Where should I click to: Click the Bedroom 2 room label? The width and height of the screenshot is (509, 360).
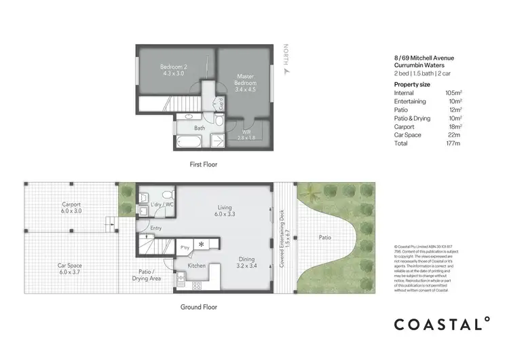173,70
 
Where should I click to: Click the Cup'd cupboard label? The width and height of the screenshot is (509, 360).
221,104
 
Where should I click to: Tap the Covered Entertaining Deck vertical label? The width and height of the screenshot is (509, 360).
286,237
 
